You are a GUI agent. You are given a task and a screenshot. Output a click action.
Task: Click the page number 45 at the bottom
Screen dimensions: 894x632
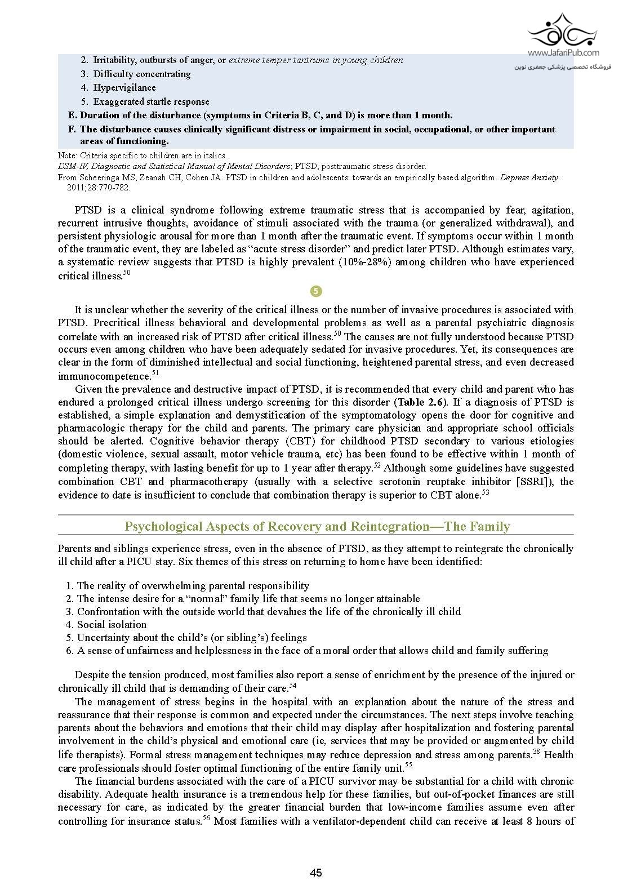pos(315,873)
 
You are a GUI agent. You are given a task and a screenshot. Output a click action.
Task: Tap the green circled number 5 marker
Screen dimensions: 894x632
pos(316,291)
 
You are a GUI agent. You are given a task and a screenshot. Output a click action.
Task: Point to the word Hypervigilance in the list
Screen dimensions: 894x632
pos(124,88)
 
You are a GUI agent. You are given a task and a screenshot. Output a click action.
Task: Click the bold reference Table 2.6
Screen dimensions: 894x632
pos(422,402)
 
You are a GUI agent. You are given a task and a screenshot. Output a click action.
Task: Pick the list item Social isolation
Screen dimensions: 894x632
pos(112,625)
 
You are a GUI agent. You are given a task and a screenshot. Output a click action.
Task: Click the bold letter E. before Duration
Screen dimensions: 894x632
pos(72,115)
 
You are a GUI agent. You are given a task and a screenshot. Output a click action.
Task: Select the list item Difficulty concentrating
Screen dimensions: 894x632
pos(142,74)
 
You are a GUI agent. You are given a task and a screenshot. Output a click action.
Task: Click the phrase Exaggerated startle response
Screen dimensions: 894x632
pos(151,102)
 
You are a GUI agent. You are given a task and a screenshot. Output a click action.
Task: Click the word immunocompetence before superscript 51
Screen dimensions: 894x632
pos(103,376)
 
